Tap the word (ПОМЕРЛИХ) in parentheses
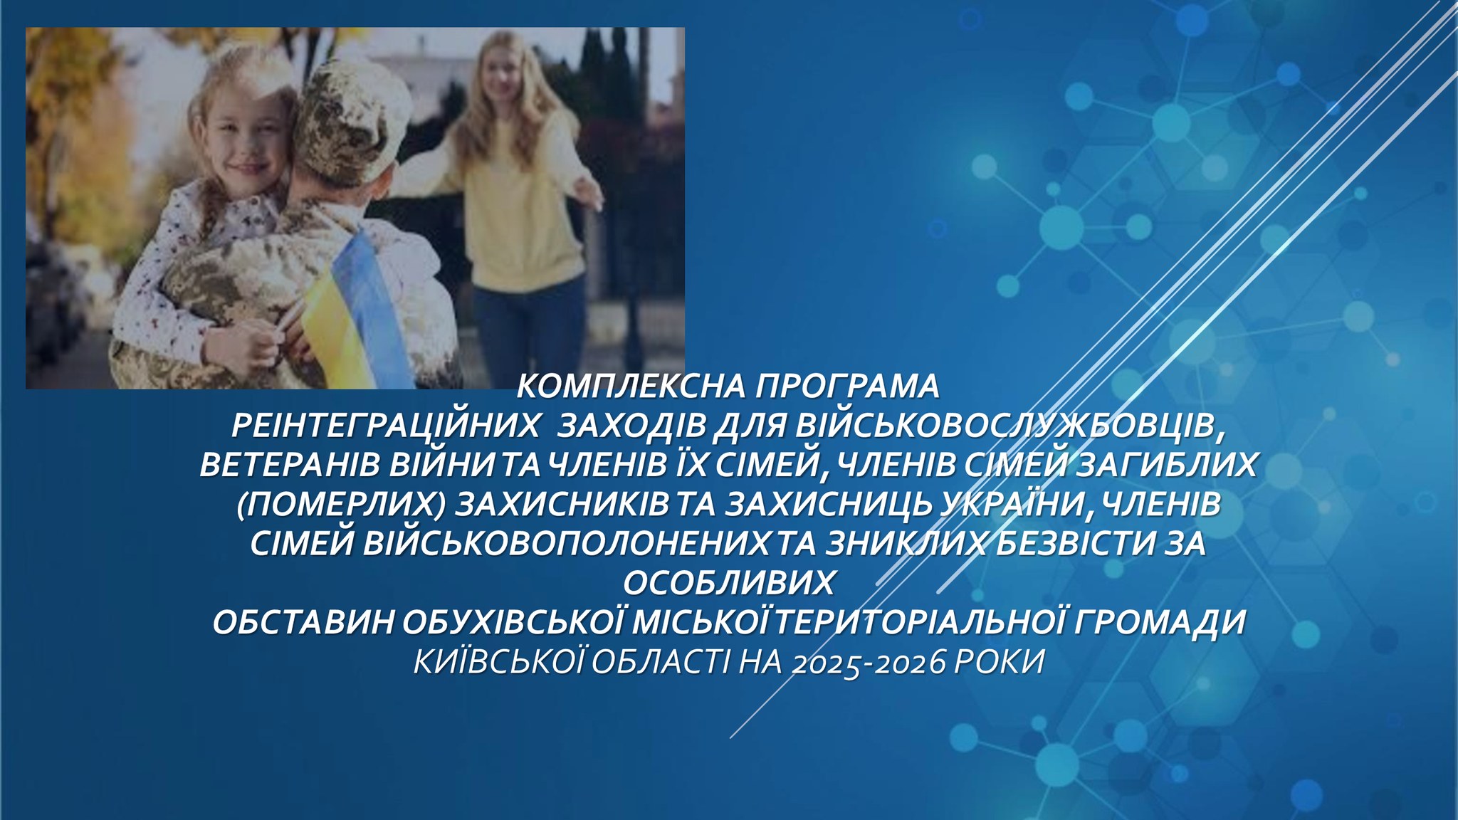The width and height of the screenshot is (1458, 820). tap(341, 505)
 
